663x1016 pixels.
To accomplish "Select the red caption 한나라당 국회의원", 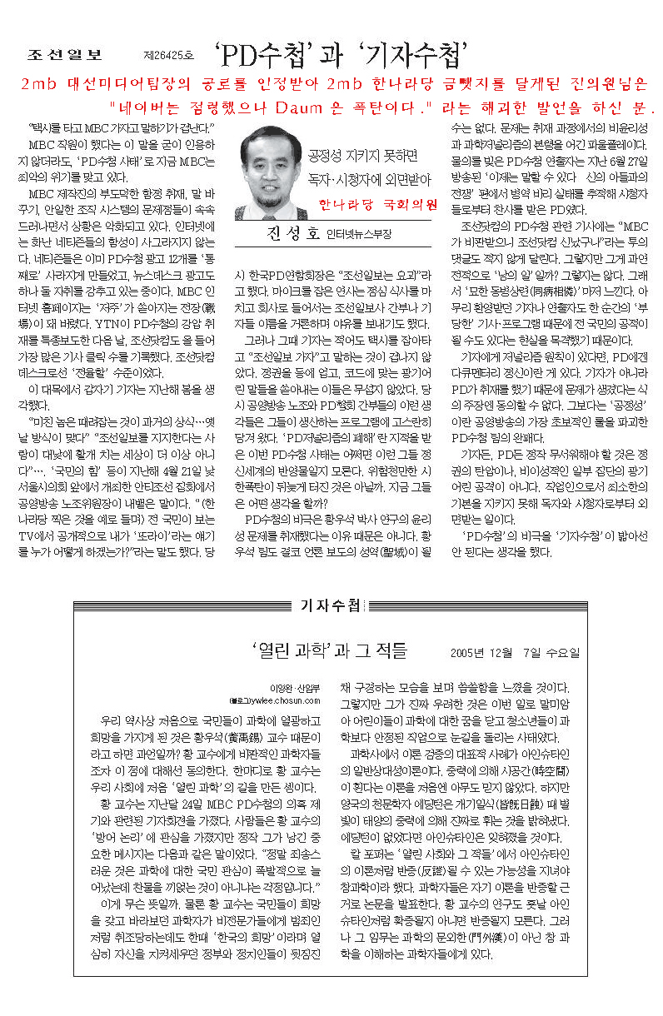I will (x=378, y=204).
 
